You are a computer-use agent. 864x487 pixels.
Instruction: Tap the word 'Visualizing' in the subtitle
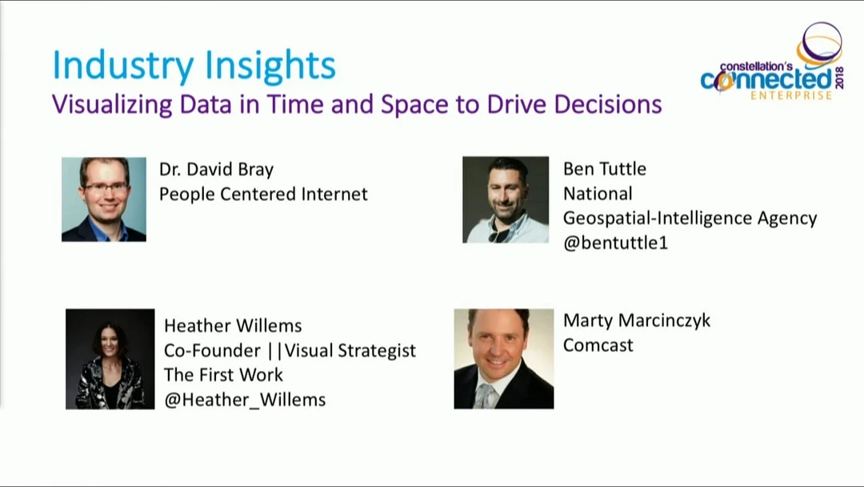[x=111, y=105]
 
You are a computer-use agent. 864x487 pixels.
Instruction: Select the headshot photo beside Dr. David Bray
[x=103, y=199]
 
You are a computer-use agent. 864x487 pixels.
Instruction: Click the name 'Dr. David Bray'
[x=216, y=169]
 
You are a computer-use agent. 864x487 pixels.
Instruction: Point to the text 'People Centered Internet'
[x=263, y=194]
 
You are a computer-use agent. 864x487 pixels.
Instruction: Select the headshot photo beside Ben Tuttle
[x=506, y=199]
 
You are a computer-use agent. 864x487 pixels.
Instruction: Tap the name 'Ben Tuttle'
[x=605, y=169]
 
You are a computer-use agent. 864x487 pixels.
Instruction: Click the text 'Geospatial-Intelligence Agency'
[x=690, y=219]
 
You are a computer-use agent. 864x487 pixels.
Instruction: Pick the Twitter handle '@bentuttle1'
[x=615, y=243]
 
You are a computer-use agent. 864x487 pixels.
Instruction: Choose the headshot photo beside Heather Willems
[x=110, y=359]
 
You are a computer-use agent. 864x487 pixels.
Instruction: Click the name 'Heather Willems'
[x=233, y=326]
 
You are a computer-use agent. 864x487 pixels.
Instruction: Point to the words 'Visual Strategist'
[x=350, y=351]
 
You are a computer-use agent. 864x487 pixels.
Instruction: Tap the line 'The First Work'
[x=223, y=375]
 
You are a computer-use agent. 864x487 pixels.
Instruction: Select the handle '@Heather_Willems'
[x=245, y=400]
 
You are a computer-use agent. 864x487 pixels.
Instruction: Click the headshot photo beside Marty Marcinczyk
[x=504, y=359]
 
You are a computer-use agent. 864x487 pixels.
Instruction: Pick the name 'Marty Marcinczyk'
[x=637, y=321]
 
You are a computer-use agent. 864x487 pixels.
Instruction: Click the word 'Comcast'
[x=598, y=345]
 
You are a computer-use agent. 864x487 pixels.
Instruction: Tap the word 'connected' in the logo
[x=766, y=81]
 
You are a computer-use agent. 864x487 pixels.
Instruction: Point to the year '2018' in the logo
[x=839, y=78]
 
